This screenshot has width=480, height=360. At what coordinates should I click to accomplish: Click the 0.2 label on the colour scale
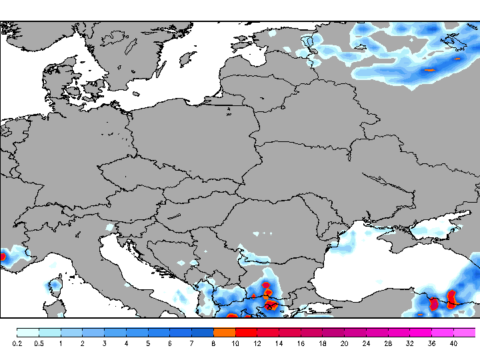tap(17, 343)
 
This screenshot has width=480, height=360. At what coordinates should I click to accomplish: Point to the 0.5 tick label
tap(39, 343)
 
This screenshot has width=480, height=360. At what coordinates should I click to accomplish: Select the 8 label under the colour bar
tap(213, 343)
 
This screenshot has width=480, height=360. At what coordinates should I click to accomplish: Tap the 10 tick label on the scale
tap(235, 343)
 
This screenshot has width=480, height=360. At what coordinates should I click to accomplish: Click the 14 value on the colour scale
tap(279, 343)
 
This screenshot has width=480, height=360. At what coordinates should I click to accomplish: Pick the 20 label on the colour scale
tap(345, 343)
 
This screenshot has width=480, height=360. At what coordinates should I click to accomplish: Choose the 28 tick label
tap(388, 343)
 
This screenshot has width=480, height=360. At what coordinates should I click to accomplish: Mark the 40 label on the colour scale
tap(453, 343)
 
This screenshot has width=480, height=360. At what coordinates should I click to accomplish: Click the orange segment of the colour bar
tap(225, 332)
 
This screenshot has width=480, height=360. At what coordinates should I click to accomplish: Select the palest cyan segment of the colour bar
tap(28, 332)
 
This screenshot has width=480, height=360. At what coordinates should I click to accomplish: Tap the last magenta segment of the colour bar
tap(465, 332)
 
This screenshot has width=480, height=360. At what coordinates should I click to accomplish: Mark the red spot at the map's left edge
tap(2, 255)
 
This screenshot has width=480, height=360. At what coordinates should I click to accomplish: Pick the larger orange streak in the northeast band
tap(429, 69)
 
